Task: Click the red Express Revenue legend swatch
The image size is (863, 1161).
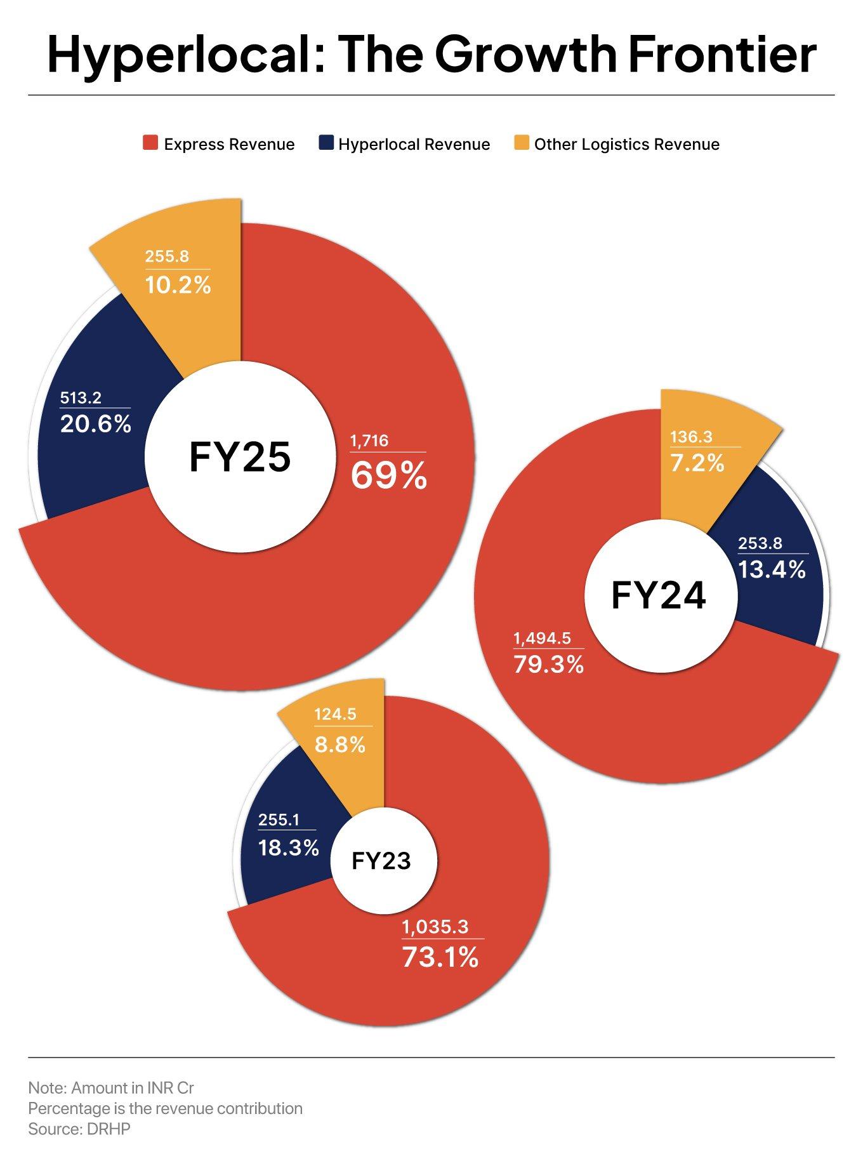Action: tap(150, 143)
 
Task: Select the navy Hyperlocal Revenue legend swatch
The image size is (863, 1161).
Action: tap(326, 143)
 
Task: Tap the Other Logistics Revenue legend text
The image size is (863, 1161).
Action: tap(626, 145)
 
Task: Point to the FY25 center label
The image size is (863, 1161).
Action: tap(240, 457)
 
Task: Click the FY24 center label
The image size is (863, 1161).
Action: tap(658, 596)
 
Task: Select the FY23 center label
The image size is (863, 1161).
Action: tap(381, 861)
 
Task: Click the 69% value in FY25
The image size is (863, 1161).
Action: tap(389, 475)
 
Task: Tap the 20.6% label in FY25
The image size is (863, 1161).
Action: tap(96, 423)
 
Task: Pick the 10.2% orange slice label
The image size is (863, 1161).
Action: tap(178, 285)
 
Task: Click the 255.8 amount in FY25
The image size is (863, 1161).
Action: tap(166, 256)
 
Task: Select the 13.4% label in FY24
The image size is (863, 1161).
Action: tap(772, 569)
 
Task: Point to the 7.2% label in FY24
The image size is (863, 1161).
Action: tap(697, 463)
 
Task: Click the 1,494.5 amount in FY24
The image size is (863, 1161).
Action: tap(542, 638)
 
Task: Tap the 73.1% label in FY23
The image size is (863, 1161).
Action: tap(440, 957)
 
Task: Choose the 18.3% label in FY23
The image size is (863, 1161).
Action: tap(288, 847)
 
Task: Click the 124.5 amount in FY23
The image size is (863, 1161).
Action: tap(335, 714)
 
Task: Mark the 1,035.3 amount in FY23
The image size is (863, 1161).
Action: tap(435, 927)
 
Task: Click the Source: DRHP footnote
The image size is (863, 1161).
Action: tap(79, 1129)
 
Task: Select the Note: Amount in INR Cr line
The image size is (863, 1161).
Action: tap(111, 1087)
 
